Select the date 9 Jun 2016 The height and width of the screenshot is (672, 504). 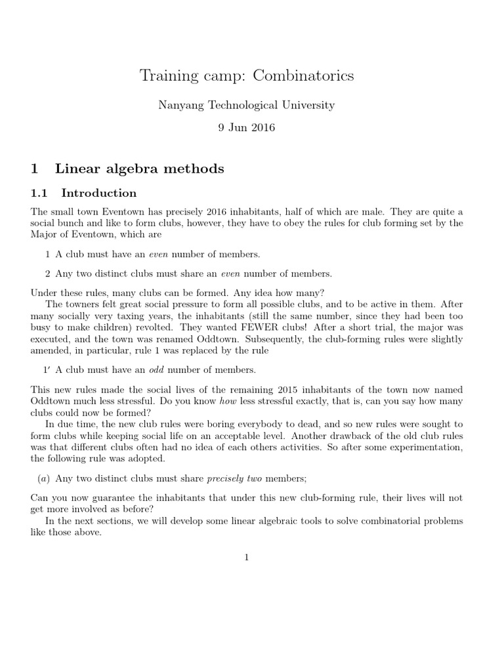click(247, 127)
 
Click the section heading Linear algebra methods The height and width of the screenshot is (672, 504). click(140, 169)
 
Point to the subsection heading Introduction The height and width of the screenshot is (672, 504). click(99, 193)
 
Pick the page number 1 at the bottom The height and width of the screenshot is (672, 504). click(247, 558)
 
